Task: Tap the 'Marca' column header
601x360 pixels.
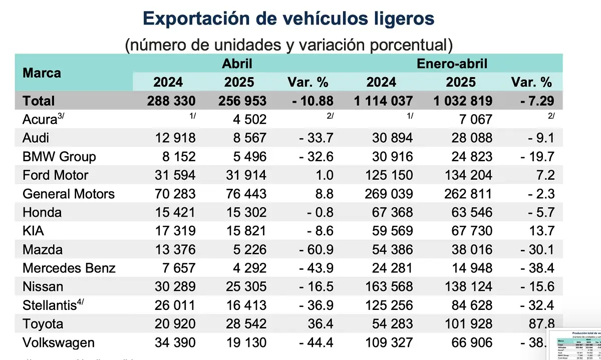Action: [x=42, y=73]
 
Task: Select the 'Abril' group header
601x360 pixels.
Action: [x=237, y=64]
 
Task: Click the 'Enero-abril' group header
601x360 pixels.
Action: [x=452, y=64]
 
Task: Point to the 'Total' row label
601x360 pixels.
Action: [x=39, y=101]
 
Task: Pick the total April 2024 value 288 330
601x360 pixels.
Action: [x=171, y=101]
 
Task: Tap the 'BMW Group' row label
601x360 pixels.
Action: [x=59, y=156]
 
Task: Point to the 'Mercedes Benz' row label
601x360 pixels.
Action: [x=69, y=268]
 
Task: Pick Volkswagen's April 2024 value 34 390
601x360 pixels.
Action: [x=171, y=342]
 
